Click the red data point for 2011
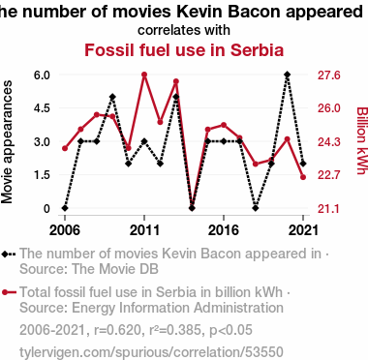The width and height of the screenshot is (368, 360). pyautogui.click(x=144, y=75)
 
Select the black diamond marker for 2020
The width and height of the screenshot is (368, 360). pyautogui.click(x=288, y=75)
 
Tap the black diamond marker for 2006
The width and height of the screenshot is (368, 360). pyautogui.click(x=65, y=208)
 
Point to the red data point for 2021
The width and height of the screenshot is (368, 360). pyautogui.click(x=303, y=177)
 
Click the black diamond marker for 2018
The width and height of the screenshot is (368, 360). pyautogui.click(x=256, y=208)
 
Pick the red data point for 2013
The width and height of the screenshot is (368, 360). pyautogui.click(x=176, y=81)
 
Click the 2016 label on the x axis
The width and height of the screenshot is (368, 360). pyautogui.click(x=224, y=230)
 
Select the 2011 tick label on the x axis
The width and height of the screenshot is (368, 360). pyautogui.click(x=144, y=230)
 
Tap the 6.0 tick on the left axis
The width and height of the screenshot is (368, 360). pyautogui.click(x=42, y=75)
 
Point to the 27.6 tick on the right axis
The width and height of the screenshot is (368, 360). pyautogui.click(x=329, y=75)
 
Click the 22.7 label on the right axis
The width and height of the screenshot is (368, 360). pyautogui.click(x=329, y=175)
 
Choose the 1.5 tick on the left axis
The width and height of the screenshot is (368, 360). pyautogui.click(x=42, y=175)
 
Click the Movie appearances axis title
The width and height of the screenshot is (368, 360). pyautogui.click(x=7, y=142)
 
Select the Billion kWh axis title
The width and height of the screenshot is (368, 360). pyautogui.click(x=362, y=140)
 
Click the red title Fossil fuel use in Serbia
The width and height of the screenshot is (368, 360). pyautogui.click(x=184, y=50)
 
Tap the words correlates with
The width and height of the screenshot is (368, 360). pyautogui.click(x=184, y=30)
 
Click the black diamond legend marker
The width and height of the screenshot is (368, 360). pyautogui.click(x=9, y=254)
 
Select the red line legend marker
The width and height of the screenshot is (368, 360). pyautogui.click(x=9, y=292)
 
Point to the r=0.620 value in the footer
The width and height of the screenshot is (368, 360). pyautogui.click(x=117, y=330)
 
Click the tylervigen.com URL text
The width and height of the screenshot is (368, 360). pyautogui.click(x=151, y=352)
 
